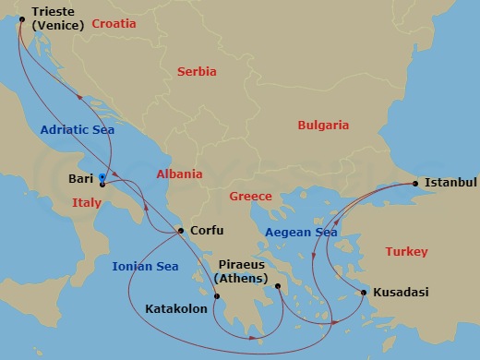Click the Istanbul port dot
tap(415, 184)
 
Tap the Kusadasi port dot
tap(364, 293)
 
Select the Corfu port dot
tap(181, 232)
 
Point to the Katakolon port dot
tap(217, 296)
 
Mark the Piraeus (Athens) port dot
tap(278, 287)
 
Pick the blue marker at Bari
tap(102, 177)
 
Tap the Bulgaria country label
tap(323, 125)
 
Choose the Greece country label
tap(250, 197)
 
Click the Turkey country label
tap(407, 251)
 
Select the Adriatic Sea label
tap(78, 130)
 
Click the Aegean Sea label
tap(301, 233)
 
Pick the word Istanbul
tap(450, 183)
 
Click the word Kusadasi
tap(402, 293)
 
